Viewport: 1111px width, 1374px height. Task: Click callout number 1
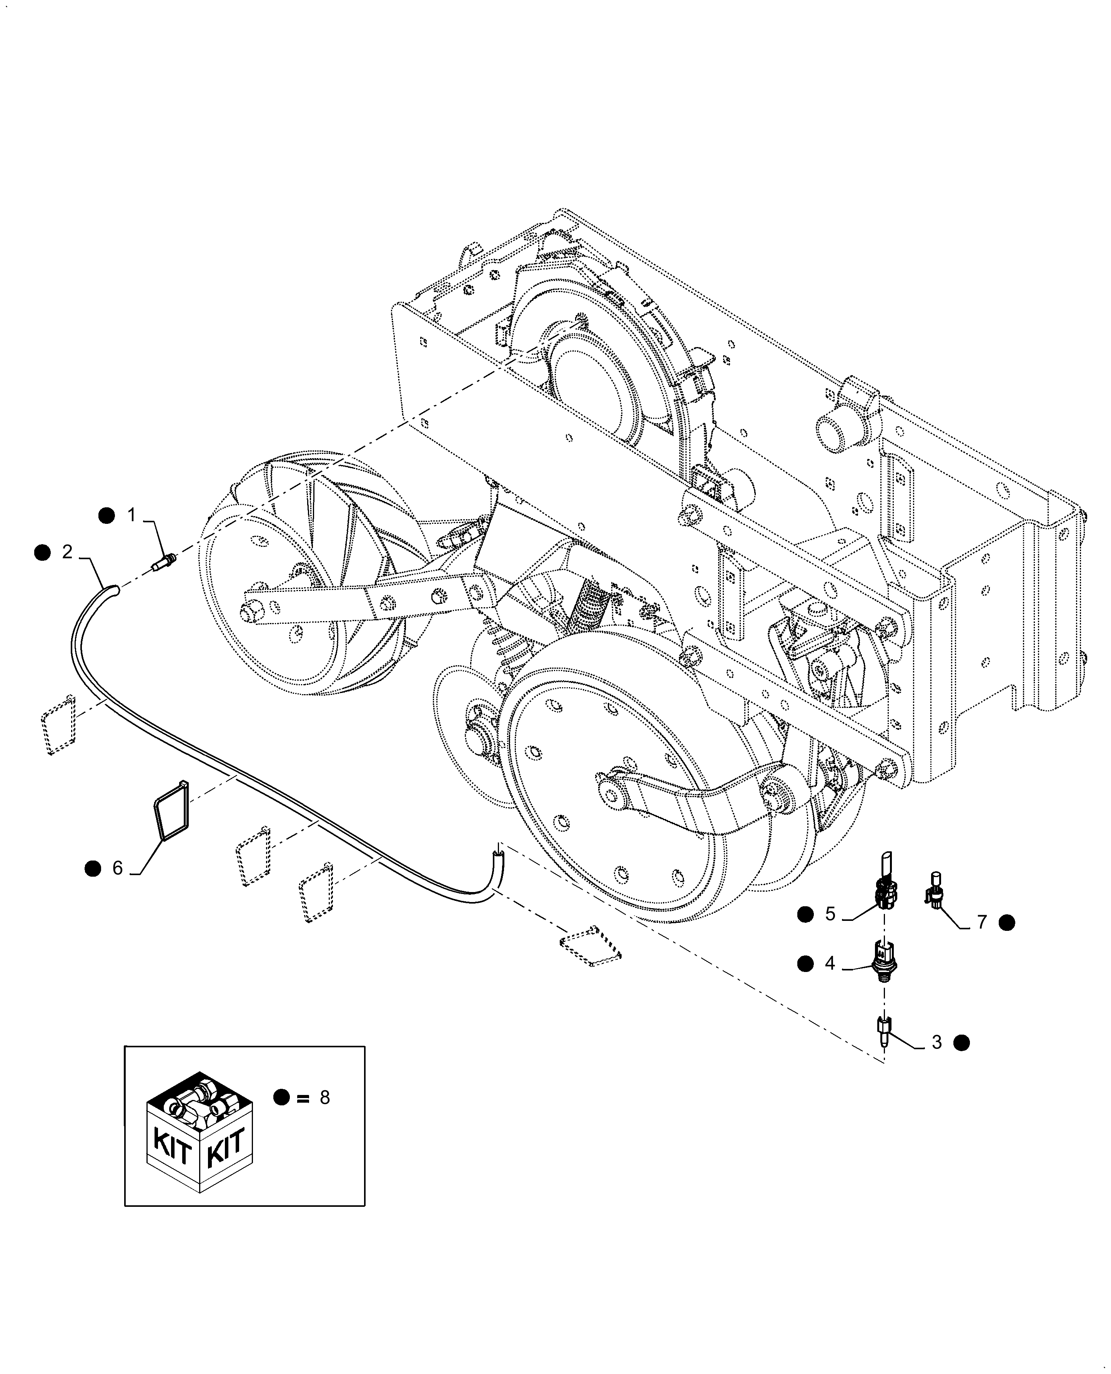(x=132, y=515)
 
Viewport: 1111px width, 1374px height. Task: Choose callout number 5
(x=830, y=914)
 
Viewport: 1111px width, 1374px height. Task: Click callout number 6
(x=118, y=868)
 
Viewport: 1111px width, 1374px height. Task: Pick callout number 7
(x=982, y=922)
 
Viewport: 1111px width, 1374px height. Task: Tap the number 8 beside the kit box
(x=324, y=1098)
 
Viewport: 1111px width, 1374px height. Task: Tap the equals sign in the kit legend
(x=302, y=1098)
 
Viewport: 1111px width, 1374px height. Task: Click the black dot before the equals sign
(x=281, y=1098)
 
